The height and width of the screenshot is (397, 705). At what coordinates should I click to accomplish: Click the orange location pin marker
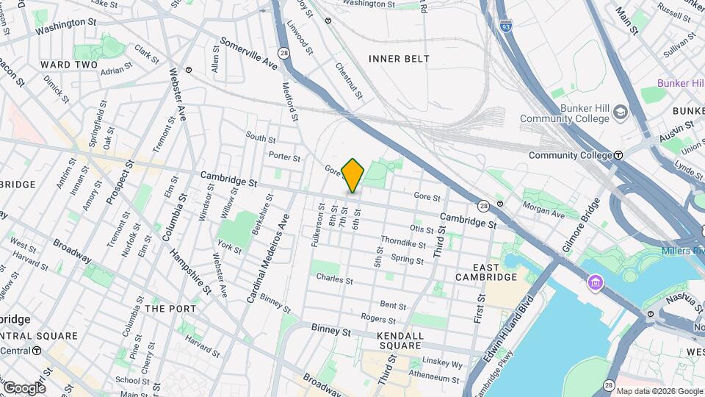353,175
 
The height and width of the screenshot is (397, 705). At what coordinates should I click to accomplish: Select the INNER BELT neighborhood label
399,59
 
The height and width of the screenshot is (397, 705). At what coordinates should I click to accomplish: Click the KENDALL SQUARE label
400,340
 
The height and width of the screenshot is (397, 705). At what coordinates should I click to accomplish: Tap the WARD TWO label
69,65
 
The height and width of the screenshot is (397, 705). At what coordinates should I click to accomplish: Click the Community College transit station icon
618,155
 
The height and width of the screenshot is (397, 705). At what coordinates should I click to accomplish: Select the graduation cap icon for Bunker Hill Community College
621,112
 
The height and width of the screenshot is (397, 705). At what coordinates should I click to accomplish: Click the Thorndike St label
402,243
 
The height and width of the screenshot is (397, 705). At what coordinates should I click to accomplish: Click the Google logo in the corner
24,387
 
